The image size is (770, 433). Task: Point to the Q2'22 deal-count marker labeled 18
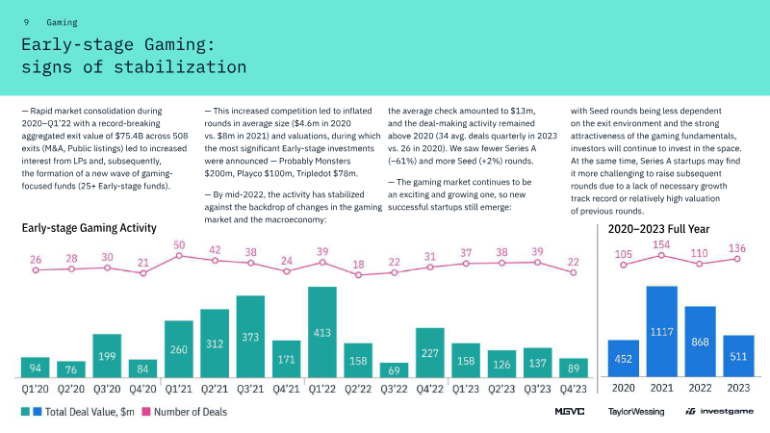(358, 275)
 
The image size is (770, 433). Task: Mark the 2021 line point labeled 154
(662, 255)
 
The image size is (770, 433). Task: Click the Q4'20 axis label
(142, 389)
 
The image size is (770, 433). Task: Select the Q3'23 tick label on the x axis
(536, 389)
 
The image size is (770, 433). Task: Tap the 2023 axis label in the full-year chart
(738, 389)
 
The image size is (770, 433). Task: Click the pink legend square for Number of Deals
(147, 412)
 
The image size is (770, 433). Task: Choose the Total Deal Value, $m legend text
(93, 412)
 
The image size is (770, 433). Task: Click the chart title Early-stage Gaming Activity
(90, 229)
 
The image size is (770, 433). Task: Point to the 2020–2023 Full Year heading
(658, 229)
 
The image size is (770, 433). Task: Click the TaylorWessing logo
(635, 412)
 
